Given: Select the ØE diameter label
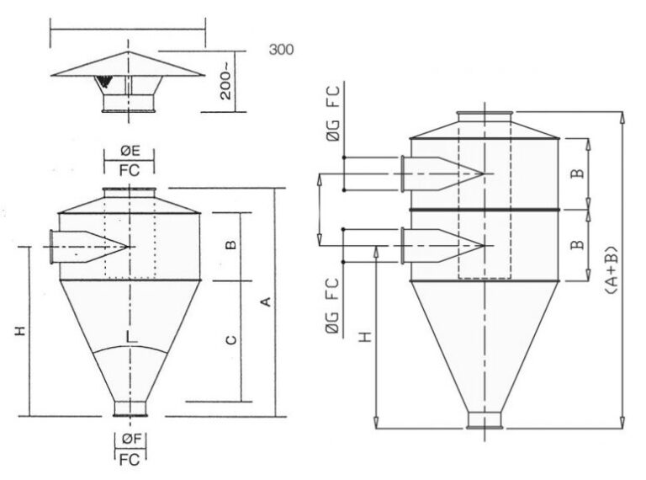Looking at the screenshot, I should click(x=130, y=151).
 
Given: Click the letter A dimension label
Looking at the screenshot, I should click(x=266, y=301).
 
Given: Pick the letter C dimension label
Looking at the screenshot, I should click(x=230, y=339).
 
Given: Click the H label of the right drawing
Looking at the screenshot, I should click(x=364, y=337).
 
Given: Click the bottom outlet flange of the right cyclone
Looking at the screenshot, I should click(x=485, y=420).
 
